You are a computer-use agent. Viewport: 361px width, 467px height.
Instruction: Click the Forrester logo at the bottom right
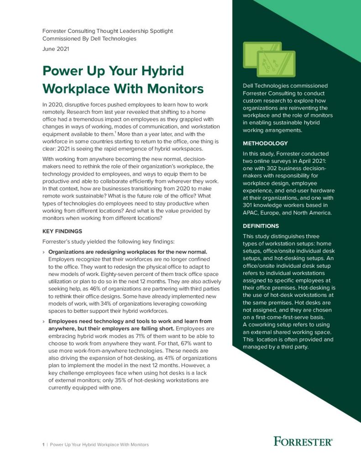point(303,441)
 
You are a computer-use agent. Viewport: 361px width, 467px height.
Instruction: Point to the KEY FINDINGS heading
point(62,231)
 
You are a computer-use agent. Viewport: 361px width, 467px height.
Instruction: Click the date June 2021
point(56,49)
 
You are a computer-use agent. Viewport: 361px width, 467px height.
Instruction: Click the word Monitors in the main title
point(176,88)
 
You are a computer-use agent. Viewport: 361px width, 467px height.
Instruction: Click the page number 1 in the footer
point(43,445)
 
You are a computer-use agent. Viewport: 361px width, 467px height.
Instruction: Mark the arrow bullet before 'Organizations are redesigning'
point(43,252)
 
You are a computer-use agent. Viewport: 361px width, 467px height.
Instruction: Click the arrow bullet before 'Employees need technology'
point(43,322)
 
